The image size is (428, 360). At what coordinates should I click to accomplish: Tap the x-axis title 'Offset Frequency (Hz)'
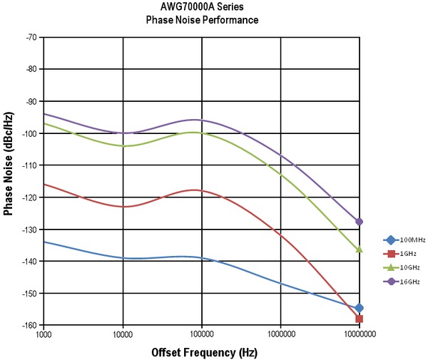[204, 352]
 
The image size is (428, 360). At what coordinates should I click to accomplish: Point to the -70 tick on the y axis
[31, 36]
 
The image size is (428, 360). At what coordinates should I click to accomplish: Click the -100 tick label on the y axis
[29, 133]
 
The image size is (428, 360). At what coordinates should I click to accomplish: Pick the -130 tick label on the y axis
[29, 229]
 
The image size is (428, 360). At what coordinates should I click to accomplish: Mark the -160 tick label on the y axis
[29, 325]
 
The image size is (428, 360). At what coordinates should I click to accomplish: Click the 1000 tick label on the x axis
[44, 334]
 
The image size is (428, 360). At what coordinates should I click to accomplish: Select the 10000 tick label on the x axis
[123, 334]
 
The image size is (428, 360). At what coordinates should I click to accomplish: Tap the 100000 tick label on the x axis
[202, 334]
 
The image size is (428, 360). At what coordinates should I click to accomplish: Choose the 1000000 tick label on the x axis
[280, 334]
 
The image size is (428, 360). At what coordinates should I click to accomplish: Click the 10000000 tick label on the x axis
[359, 334]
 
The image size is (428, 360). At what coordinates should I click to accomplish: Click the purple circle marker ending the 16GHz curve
[360, 222]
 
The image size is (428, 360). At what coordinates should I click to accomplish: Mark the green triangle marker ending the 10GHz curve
[360, 250]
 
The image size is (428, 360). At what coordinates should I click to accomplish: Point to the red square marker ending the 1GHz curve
[360, 319]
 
